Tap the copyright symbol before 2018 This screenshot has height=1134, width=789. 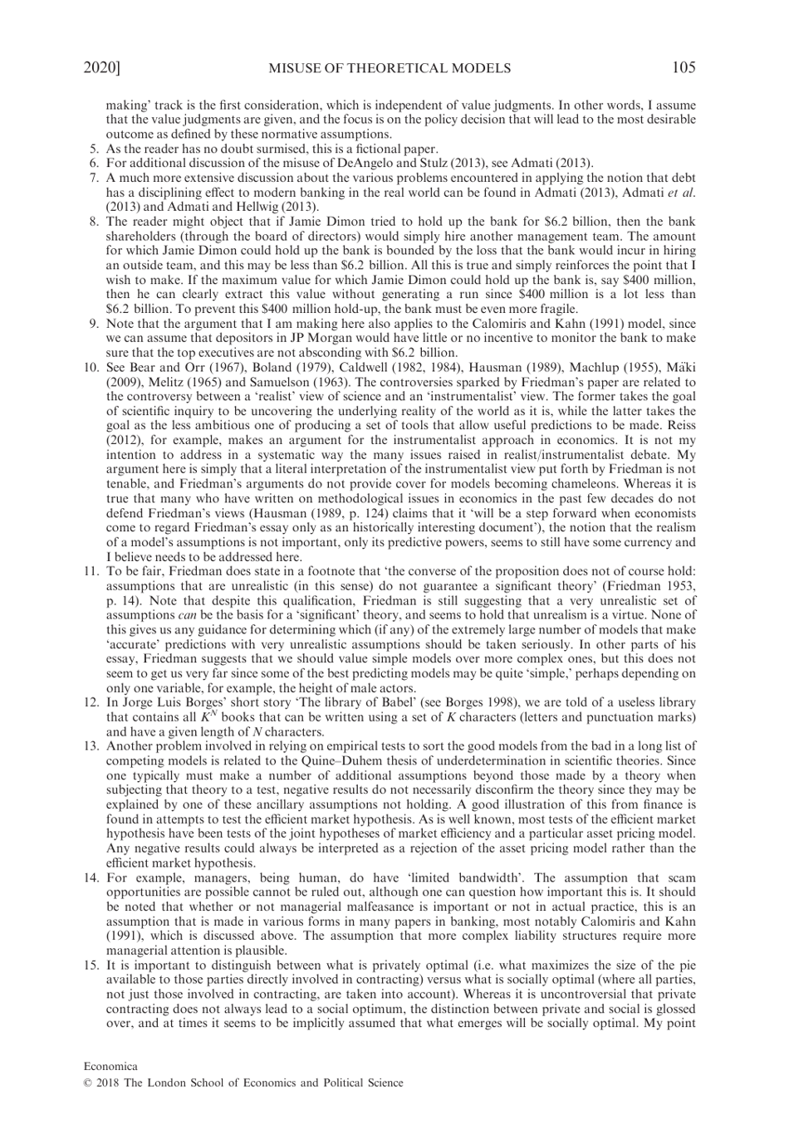[x=88, y=1083]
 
